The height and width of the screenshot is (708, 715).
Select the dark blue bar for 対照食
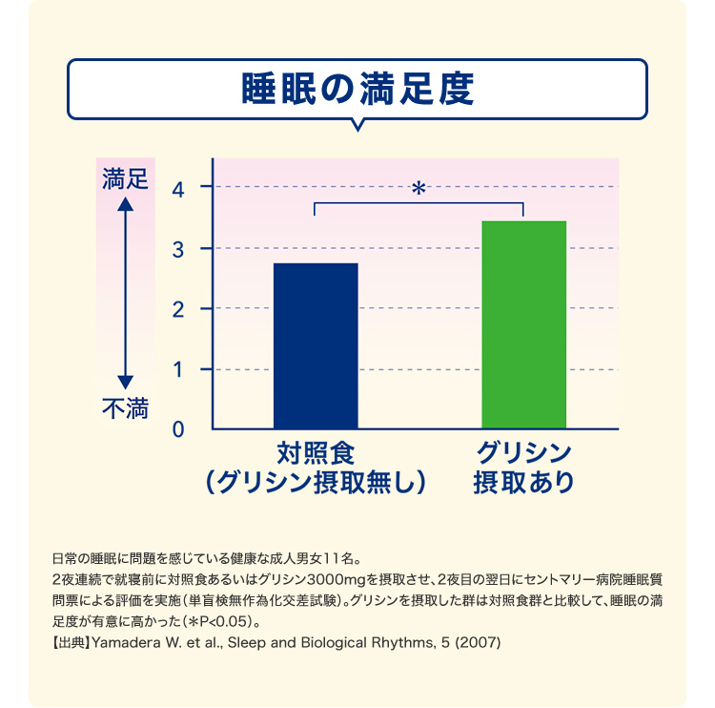point(316,345)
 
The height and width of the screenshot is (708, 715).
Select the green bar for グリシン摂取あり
point(523,324)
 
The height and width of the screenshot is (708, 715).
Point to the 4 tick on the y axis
point(178,187)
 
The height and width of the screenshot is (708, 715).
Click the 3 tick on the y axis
point(178,248)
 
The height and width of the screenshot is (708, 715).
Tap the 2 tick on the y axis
point(178,308)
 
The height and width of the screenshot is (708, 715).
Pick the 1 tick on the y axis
point(178,369)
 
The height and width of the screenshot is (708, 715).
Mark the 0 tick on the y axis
point(178,429)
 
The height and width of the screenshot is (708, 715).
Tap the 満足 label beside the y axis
point(125,178)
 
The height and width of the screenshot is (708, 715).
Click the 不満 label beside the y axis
point(125,410)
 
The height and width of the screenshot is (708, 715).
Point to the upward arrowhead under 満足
point(125,203)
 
